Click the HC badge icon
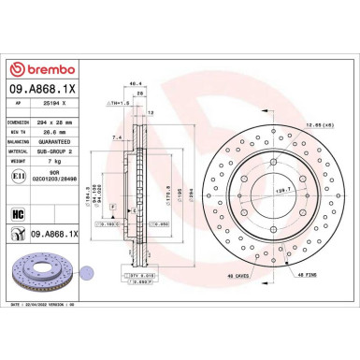tap(18, 214)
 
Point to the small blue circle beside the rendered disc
tap(87, 272)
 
